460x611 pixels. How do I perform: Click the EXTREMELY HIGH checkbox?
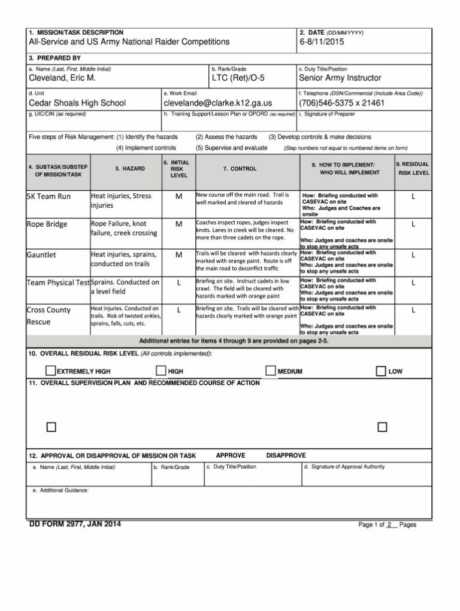pos(51,372)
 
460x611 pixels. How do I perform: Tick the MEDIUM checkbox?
pos(271,372)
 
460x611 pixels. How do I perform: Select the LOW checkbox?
pos(381,372)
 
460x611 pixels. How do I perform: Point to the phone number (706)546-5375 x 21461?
pos(341,103)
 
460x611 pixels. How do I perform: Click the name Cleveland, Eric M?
pos(62,78)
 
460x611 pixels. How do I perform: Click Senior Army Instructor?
pos(340,78)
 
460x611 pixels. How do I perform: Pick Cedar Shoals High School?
pos(77,103)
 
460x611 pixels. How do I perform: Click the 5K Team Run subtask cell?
pos(49,196)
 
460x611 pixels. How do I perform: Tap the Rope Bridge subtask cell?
pos(47,224)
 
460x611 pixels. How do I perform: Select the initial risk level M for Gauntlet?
pos(178,255)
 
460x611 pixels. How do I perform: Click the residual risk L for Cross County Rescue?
pos(413,310)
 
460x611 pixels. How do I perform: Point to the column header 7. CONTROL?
pos(240,169)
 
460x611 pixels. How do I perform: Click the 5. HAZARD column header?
pos(130,169)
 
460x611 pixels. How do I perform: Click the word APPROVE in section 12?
pos(231,455)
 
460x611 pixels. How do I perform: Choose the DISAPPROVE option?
pos(286,455)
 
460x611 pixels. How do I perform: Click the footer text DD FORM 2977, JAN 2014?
pos(75,525)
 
